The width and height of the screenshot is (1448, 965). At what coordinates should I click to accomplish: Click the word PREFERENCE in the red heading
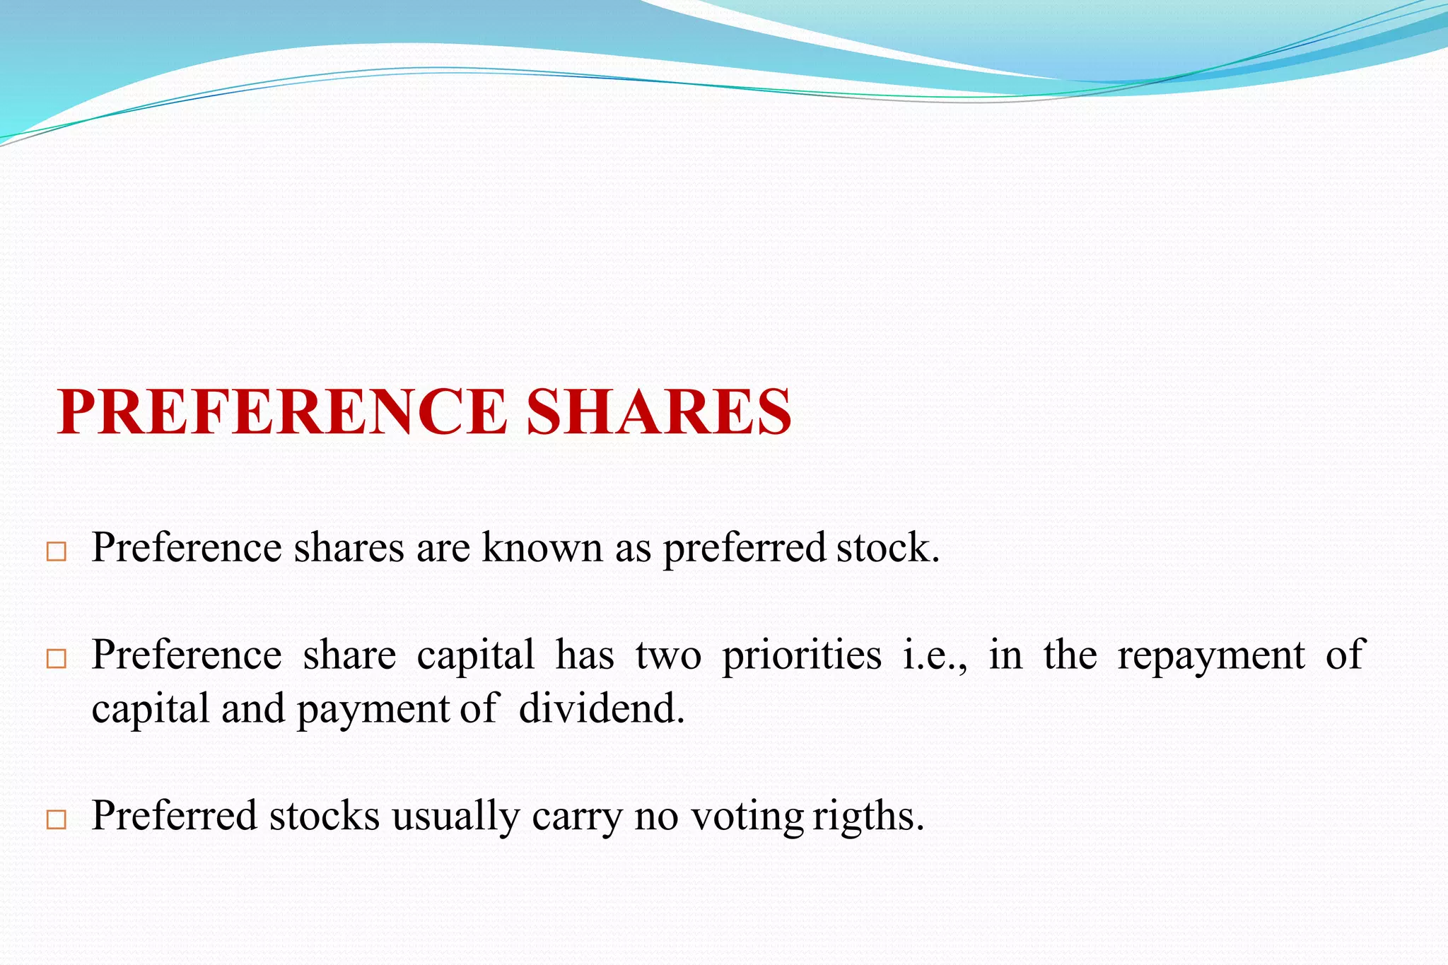pos(281,412)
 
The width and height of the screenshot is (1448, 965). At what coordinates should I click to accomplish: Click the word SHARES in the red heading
pos(658,412)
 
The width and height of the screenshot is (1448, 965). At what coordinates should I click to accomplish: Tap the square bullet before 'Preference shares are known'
pos(56,551)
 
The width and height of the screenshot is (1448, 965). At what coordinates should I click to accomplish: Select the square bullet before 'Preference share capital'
pos(56,659)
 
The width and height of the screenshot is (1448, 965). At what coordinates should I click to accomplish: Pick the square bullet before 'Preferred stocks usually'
pos(56,819)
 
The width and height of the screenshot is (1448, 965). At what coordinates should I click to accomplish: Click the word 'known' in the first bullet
pos(542,548)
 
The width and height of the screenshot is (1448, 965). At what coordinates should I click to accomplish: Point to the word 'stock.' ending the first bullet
pos(888,548)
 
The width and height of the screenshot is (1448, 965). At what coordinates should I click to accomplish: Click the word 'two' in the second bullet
pos(668,655)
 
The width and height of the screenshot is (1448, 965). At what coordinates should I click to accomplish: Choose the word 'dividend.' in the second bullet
pos(602,708)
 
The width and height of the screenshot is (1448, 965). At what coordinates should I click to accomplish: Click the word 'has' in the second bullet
pos(585,655)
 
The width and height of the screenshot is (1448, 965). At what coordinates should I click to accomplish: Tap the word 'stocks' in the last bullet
pos(324,816)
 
